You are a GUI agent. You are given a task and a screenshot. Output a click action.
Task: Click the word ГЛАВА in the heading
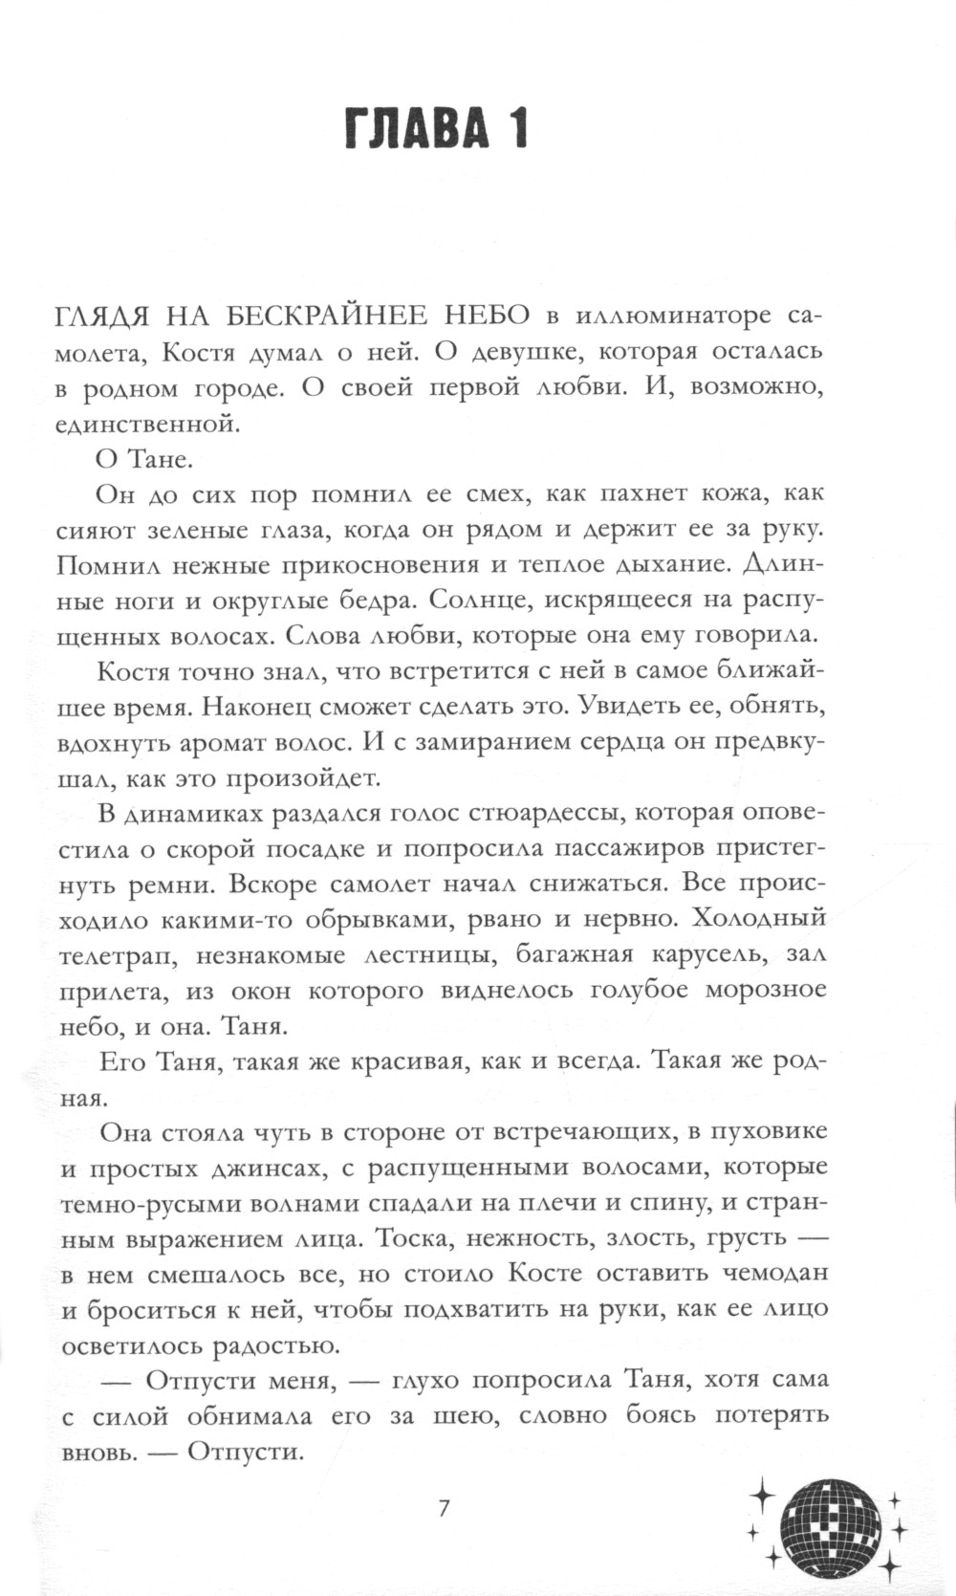(x=415, y=128)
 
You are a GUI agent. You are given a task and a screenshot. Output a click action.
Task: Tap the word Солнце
(x=480, y=601)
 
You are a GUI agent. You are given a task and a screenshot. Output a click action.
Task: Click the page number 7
(x=443, y=1509)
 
